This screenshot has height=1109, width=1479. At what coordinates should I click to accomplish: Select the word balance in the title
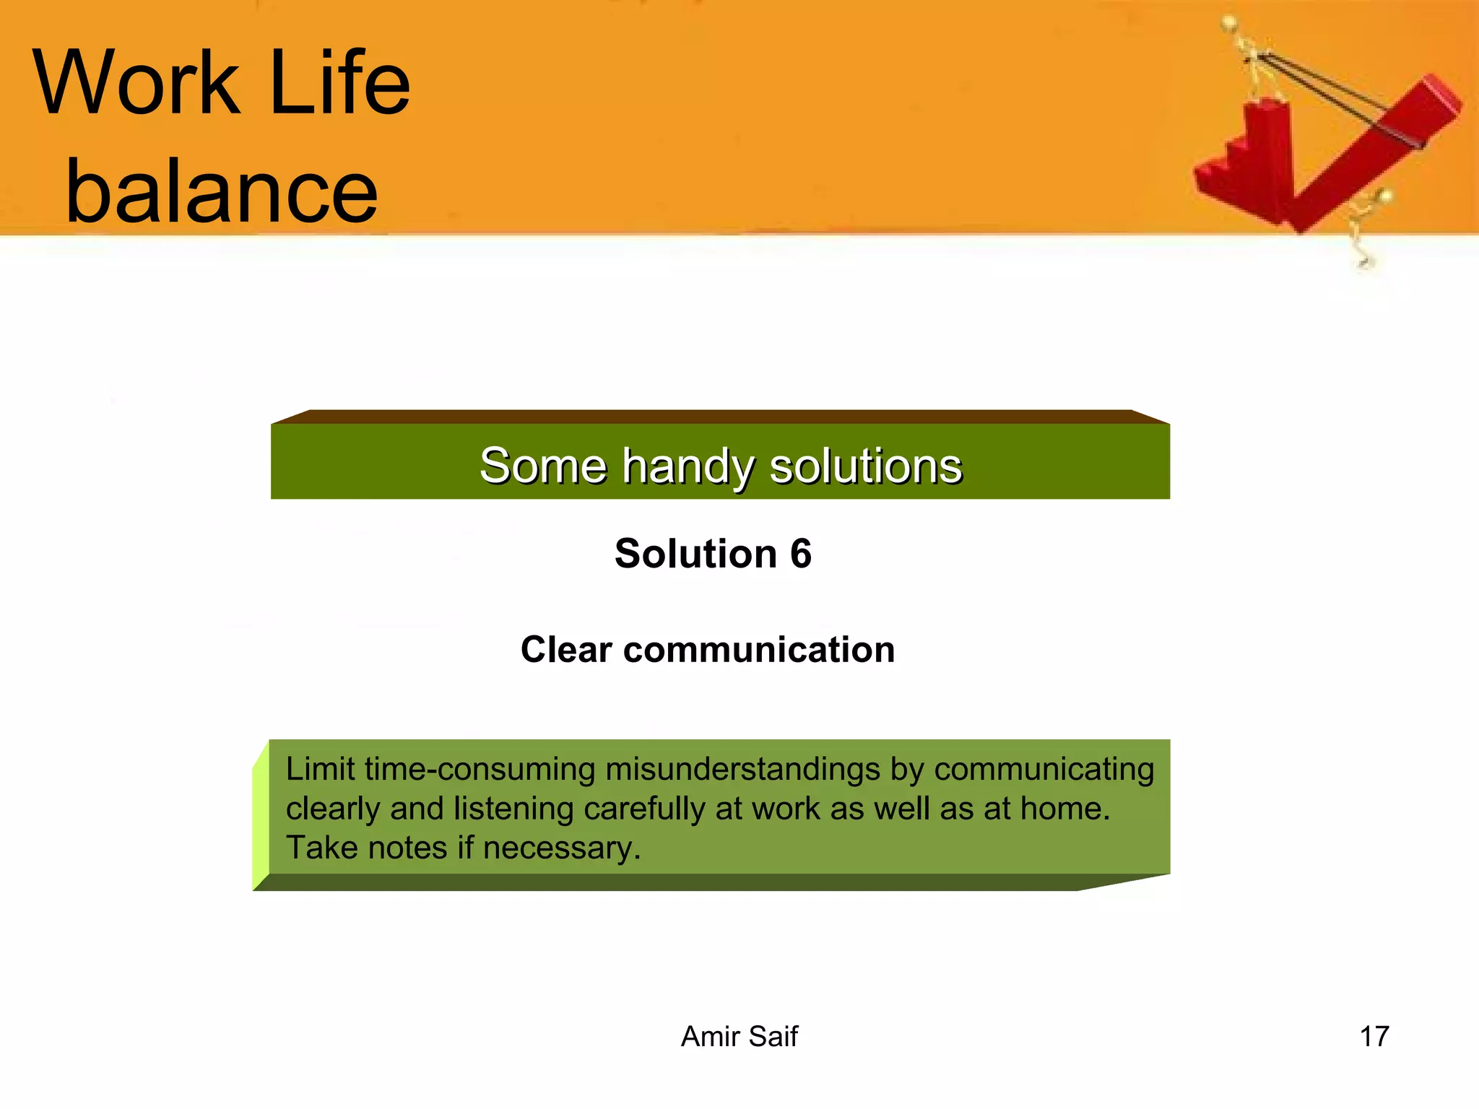[221, 191]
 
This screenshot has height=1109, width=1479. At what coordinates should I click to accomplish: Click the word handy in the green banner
[687, 466]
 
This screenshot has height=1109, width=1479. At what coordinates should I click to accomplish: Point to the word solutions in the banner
[866, 466]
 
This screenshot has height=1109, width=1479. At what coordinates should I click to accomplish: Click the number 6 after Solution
[800, 554]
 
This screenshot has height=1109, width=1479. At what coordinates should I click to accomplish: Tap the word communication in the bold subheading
[759, 649]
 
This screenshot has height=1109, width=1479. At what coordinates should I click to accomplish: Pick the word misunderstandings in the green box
[742, 769]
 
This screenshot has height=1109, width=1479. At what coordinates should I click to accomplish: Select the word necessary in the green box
[560, 848]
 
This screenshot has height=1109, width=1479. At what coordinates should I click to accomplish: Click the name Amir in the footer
[708, 1036]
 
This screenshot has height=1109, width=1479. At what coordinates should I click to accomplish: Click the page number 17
[1374, 1036]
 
